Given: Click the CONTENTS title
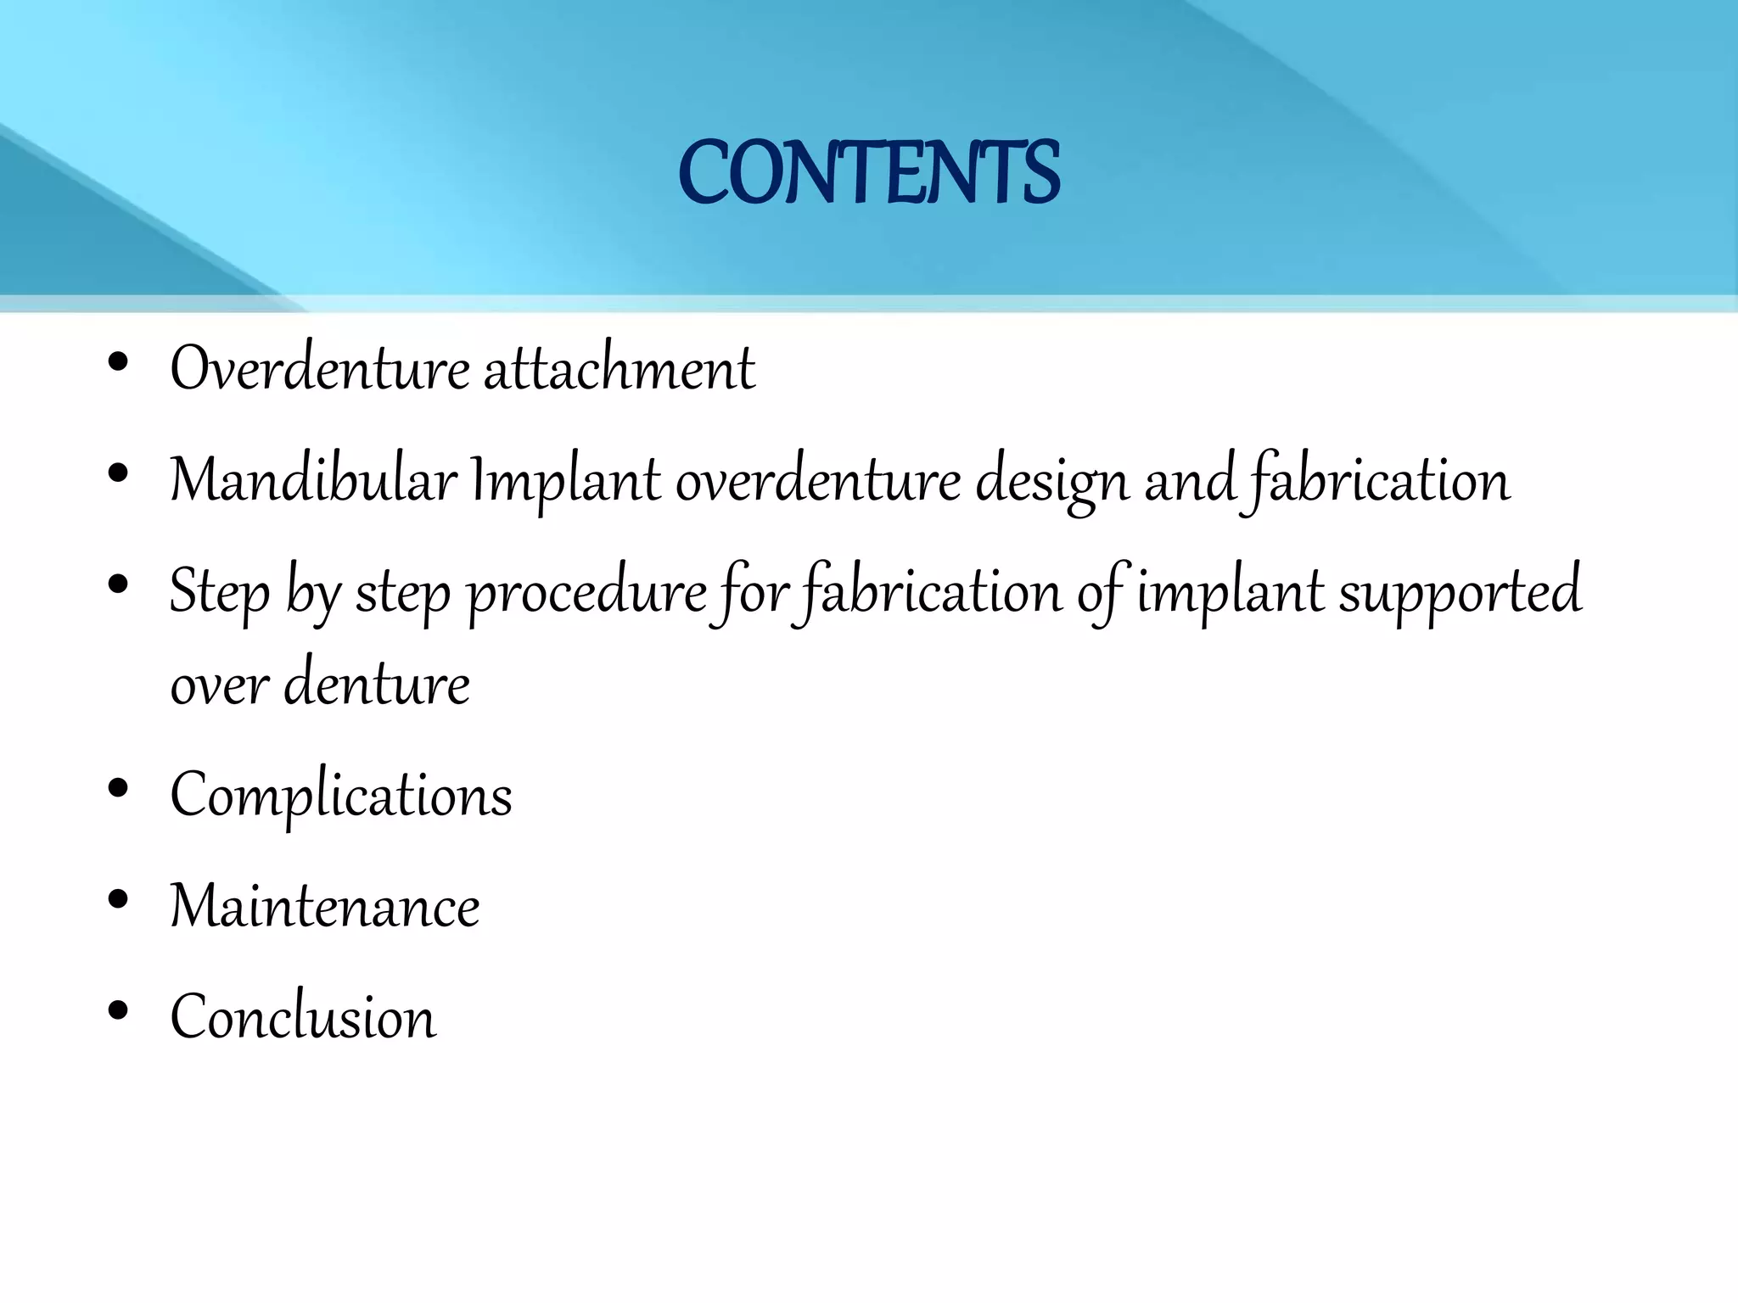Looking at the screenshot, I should pyautogui.click(x=869, y=173).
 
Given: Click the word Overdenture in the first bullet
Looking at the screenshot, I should pyautogui.click(x=320, y=369).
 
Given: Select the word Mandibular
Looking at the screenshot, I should pyautogui.click(x=314, y=480).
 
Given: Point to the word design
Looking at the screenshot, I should pyautogui.click(x=1052, y=482).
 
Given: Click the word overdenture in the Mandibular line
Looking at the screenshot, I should pyautogui.click(x=818, y=480).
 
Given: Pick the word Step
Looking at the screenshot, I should pyautogui.click(x=219, y=592).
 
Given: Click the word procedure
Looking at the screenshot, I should pyautogui.click(x=587, y=592).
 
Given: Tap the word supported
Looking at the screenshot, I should pyautogui.click(x=1460, y=592).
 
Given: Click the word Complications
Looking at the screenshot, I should pyautogui.click(x=341, y=796).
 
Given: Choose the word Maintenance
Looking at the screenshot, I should pyautogui.click(x=325, y=906).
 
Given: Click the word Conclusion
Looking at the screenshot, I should pyautogui.click(x=303, y=1016).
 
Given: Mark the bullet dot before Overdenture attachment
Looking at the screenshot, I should pyautogui.click(x=118, y=362).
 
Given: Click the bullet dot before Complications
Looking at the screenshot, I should pyautogui.click(x=118, y=789).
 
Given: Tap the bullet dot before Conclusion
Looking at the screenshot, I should pyautogui.click(x=118, y=1009).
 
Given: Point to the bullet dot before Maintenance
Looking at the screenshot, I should pyautogui.click(x=118, y=899).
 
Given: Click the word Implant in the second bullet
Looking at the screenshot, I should pyautogui.click(x=565, y=480).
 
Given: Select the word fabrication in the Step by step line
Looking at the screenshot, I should pyautogui.click(x=932, y=592).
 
